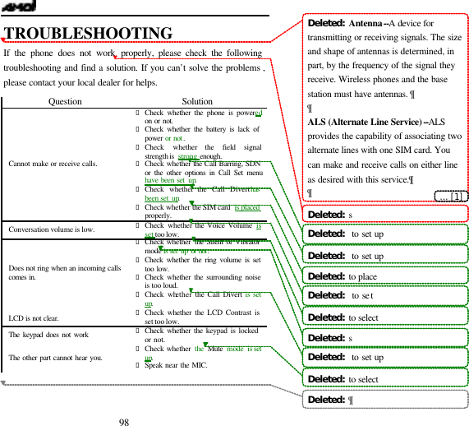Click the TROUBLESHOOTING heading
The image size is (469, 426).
point(88,34)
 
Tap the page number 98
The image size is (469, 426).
point(124,421)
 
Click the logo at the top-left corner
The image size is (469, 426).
point(18,7)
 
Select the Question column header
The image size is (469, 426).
point(65,101)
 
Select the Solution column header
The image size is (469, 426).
point(197,101)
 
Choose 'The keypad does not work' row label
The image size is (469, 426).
point(48,335)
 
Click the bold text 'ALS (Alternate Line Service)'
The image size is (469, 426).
point(367,122)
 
